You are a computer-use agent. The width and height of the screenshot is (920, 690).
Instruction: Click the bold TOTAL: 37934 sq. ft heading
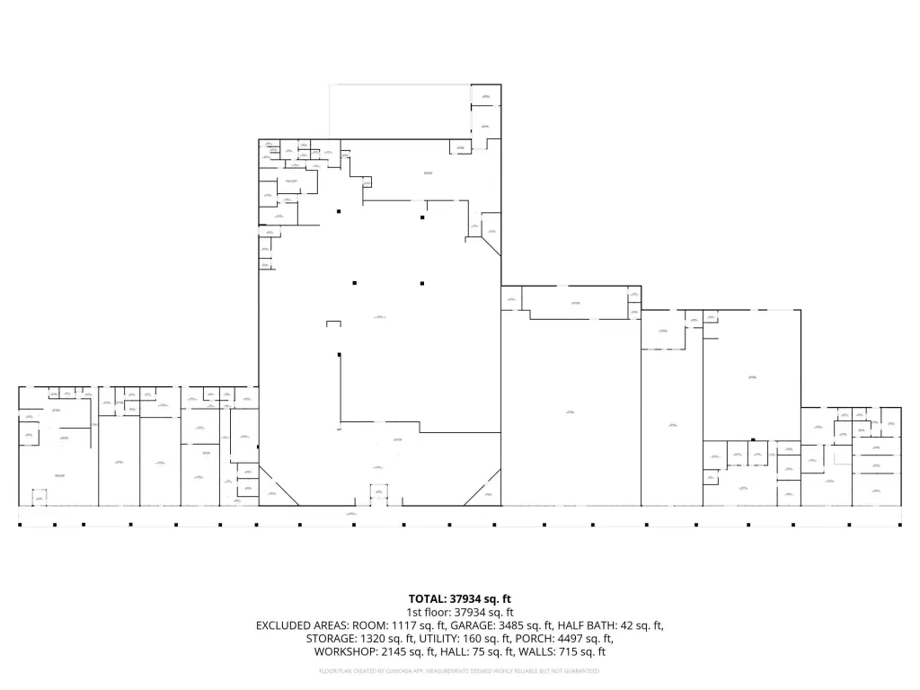tap(460, 597)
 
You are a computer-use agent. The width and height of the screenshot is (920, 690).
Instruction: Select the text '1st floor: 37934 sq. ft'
tap(460, 611)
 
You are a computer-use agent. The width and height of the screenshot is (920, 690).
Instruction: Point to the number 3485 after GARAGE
tap(493, 625)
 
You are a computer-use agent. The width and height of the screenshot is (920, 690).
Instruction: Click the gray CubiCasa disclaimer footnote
tap(460, 671)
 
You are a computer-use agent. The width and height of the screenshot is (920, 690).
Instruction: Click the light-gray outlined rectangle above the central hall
tap(400, 111)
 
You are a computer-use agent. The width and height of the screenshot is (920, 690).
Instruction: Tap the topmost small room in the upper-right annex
tap(486, 96)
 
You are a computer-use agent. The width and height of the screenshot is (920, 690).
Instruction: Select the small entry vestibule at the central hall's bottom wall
tap(379, 494)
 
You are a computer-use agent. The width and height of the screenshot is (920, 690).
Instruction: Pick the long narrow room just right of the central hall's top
tap(575, 303)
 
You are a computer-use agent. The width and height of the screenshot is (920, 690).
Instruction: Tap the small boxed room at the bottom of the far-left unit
tap(39, 497)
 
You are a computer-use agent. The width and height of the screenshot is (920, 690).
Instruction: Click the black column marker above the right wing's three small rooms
tap(753, 439)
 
